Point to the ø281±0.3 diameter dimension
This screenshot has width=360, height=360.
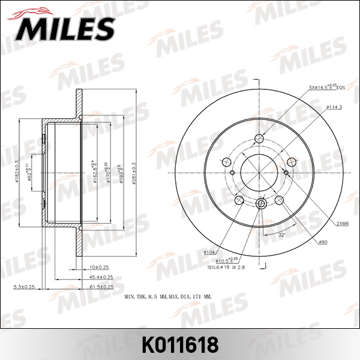click(x=134, y=170)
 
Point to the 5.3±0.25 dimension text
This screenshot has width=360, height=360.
click(x=24, y=287)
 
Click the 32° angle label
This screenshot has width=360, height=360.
click(x=282, y=235)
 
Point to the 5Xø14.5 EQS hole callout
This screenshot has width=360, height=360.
click(x=328, y=88)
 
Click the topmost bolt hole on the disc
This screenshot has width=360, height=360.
click(x=260, y=139)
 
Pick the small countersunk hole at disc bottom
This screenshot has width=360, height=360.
click(x=260, y=205)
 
